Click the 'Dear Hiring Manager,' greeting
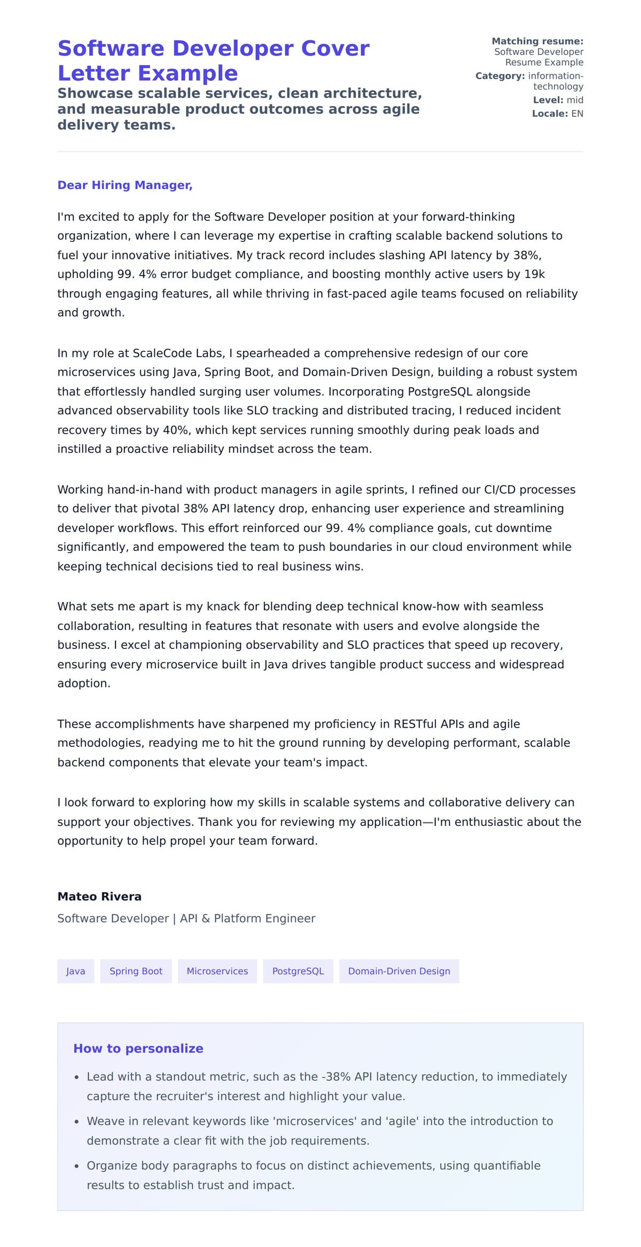[124, 185]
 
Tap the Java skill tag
[75, 971]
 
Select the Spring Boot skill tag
[136, 971]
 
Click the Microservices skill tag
[217, 971]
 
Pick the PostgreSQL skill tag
[298, 971]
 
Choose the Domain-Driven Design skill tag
[399, 971]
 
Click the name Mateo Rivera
[99, 896]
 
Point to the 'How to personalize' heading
[138, 1048]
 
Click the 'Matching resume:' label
[537, 41]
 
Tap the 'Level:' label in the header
[548, 100]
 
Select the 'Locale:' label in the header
[550, 114]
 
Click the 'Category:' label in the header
[500, 76]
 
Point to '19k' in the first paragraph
[534, 274]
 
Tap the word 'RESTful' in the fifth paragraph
[415, 724]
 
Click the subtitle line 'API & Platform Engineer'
[247, 918]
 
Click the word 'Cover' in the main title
[335, 49]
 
